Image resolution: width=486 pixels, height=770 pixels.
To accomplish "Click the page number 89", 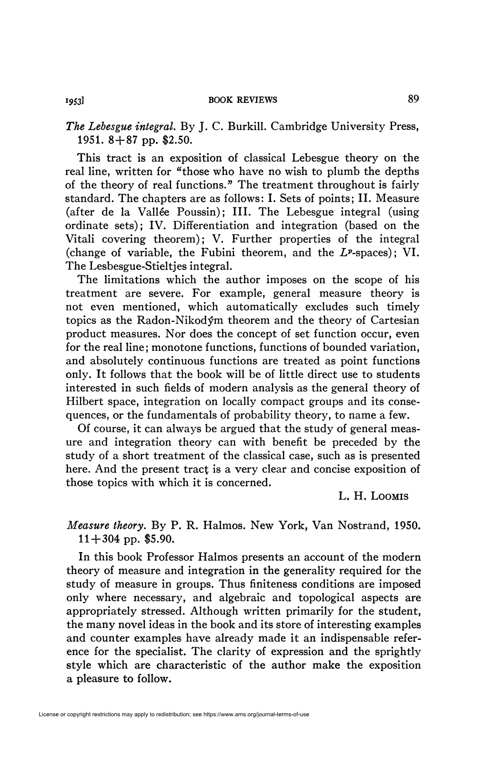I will click(x=413, y=99).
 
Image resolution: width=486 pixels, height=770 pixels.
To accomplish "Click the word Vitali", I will click(x=83, y=239).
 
